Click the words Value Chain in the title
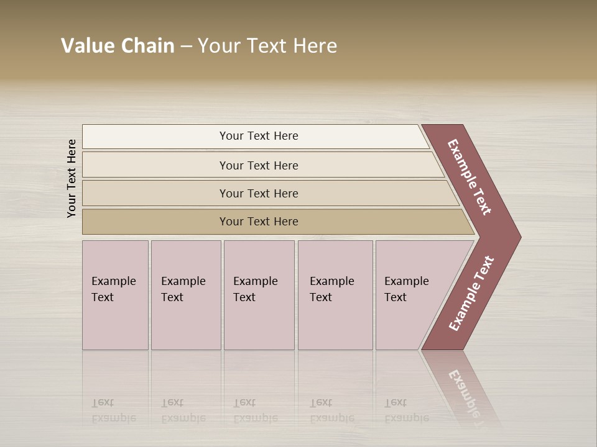118,46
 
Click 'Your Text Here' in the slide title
267,46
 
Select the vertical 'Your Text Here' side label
72,178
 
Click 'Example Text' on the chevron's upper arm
470,177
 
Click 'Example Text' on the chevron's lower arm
471,293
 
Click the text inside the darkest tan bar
259,222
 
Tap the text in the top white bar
259,136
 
